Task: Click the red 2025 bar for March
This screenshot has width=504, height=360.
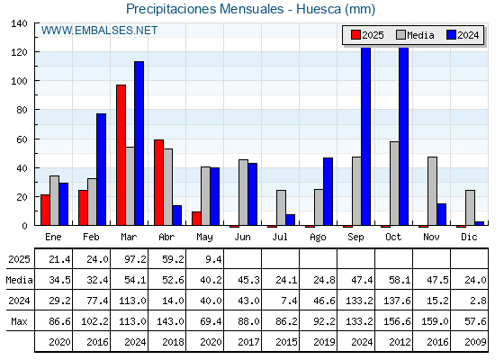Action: (121, 155)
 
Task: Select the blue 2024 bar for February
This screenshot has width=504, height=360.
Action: (101, 169)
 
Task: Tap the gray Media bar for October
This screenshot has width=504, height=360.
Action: (394, 184)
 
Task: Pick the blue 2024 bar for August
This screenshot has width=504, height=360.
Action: (328, 192)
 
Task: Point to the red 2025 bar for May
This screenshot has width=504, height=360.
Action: (197, 219)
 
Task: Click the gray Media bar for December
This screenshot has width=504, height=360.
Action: (470, 208)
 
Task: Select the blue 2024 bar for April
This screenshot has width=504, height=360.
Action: (176, 215)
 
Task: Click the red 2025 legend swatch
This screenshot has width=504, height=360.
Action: (355, 35)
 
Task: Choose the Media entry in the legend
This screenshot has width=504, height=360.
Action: (415, 35)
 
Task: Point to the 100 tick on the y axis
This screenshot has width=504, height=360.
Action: (19, 81)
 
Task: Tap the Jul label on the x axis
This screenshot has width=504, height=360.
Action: (280, 238)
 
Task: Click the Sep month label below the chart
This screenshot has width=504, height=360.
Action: (355, 238)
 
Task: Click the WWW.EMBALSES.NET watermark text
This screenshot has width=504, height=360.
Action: (99, 31)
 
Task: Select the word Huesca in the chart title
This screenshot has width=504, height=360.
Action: (319, 9)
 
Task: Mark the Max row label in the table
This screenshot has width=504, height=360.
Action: (19, 321)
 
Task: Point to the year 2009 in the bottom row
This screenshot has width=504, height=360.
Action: (475, 342)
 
